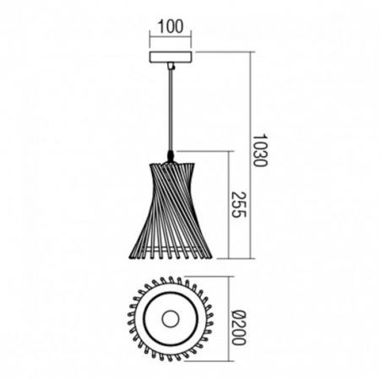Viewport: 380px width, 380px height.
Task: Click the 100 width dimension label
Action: (171, 27)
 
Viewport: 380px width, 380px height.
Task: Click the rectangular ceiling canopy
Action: (171, 57)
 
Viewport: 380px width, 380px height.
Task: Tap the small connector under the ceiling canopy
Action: (172, 66)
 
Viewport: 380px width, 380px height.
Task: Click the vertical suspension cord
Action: (172, 110)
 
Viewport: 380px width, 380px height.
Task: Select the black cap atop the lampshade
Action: (172, 155)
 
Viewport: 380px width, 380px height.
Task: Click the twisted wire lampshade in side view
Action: (171, 211)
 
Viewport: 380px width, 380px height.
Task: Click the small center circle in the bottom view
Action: (171, 319)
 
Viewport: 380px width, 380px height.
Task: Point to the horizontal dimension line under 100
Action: (171, 39)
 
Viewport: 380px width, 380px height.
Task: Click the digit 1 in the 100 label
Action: (160, 27)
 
